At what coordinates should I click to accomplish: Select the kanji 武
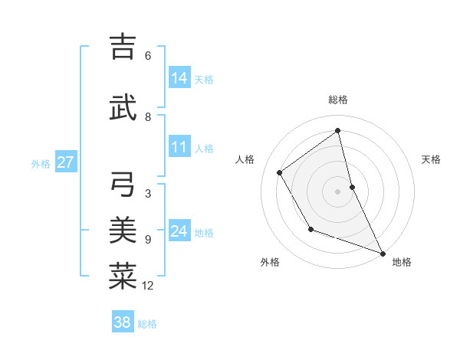click(x=123, y=108)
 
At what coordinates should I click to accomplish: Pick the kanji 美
click(x=123, y=230)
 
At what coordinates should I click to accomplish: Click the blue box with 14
click(x=179, y=78)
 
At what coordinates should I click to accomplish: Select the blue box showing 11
click(x=179, y=148)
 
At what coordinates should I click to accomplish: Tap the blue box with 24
click(x=179, y=231)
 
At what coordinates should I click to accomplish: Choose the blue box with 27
click(x=65, y=162)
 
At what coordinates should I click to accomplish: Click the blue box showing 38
click(x=123, y=322)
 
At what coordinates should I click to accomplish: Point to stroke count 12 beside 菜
click(x=148, y=286)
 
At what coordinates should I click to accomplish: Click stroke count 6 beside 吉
click(x=148, y=56)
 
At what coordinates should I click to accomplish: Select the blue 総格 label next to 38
click(x=148, y=324)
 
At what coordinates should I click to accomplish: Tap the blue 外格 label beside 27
click(x=41, y=163)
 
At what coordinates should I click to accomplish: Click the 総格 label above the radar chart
click(x=338, y=100)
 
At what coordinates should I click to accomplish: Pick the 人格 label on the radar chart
click(x=245, y=159)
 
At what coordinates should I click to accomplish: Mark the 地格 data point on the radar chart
click(x=383, y=254)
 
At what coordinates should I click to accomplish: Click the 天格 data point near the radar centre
click(x=352, y=186)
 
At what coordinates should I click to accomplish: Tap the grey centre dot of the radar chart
click(x=338, y=191)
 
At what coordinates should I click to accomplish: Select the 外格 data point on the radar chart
click(x=310, y=229)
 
